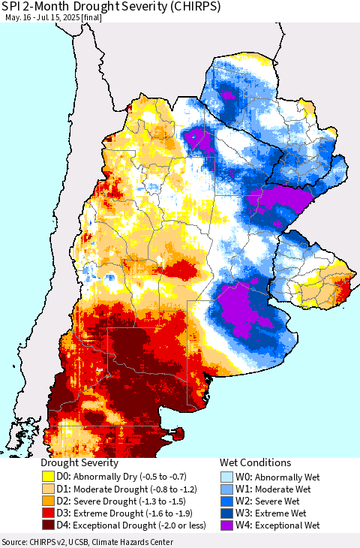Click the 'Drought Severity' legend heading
tap(79, 463)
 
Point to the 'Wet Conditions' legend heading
tap(255, 463)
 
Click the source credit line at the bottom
tap(87, 542)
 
